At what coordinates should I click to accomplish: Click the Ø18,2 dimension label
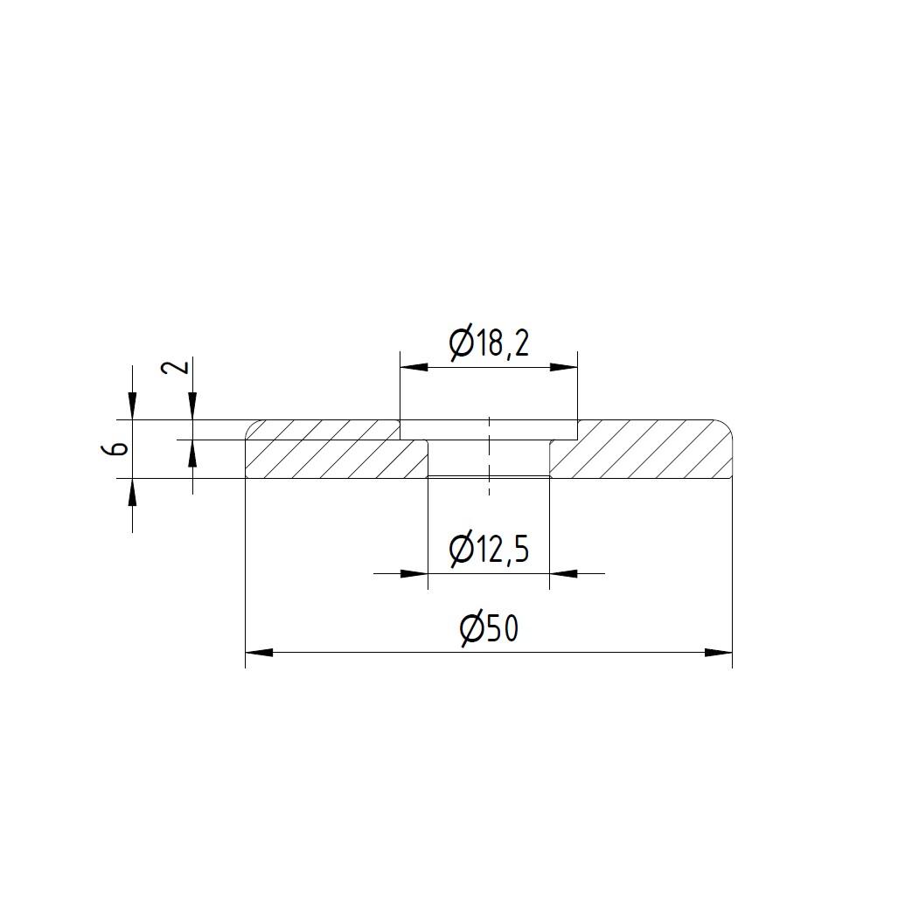click(489, 343)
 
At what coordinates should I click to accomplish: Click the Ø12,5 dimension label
click(489, 550)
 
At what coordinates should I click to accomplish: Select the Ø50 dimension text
click(489, 628)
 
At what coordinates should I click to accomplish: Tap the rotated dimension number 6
click(115, 449)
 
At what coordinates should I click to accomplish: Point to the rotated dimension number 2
click(176, 365)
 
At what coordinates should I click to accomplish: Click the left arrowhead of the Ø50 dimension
click(259, 652)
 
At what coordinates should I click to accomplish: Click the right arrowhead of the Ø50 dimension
click(718, 652)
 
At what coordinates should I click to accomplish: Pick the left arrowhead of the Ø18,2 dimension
click(414, 367)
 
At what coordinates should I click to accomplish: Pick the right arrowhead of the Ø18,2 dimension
click(563, 367)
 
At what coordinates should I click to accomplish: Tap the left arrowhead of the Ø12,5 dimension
click(414, 573)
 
